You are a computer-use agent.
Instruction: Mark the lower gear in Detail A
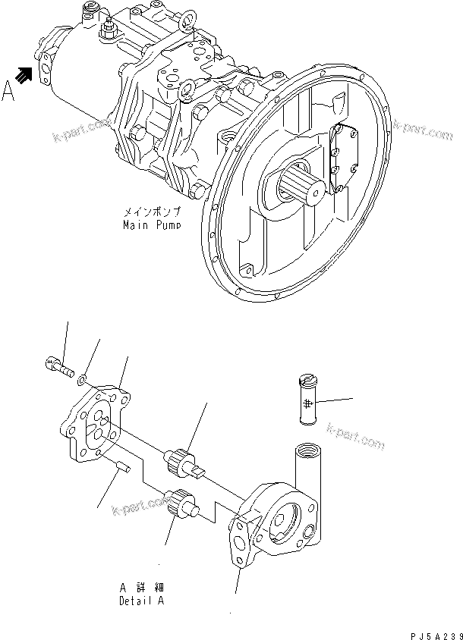tap(179, 504)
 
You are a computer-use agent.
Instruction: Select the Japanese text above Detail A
tap(142, 588)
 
